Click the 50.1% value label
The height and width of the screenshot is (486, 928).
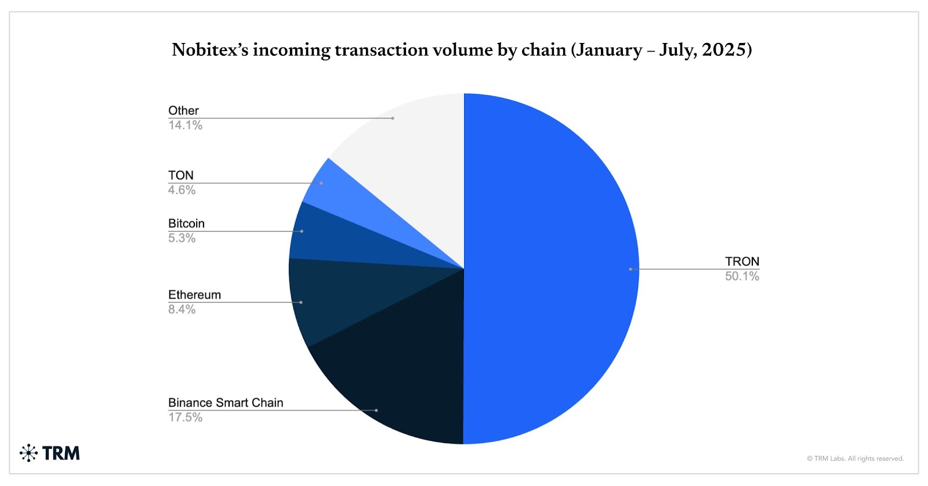[x=742, y=276]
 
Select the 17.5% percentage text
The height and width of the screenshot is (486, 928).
[x=185, y=417]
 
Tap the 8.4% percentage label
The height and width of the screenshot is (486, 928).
[x=182, y=309]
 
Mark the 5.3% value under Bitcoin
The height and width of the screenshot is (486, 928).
[x=182, y=238]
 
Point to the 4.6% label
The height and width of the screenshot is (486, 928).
[x=182, y=190]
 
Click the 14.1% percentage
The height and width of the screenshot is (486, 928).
[x=185, y=125]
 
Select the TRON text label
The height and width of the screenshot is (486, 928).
[x=742, y=261]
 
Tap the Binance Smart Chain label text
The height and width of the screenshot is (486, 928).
[x=226, y=402]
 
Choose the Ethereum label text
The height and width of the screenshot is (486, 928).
[x=194, y=295]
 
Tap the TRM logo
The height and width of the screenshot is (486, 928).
[x=50, y=453]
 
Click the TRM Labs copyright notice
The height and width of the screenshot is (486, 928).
[x=855, y=459]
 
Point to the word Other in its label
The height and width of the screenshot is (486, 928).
[x=183, y=110]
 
